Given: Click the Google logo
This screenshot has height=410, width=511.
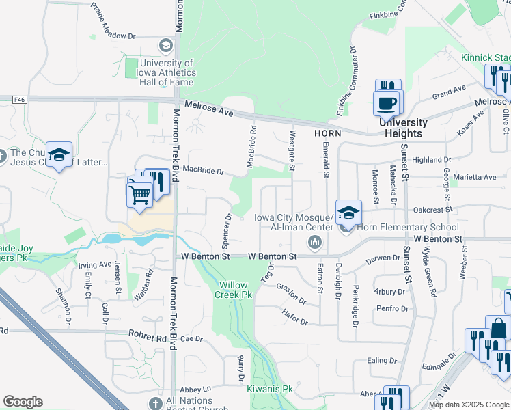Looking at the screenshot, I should tap(23, 402).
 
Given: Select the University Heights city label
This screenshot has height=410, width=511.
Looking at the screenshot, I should tap(403, 128).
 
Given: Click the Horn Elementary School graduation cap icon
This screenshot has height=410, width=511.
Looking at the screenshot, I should tap(348, 213).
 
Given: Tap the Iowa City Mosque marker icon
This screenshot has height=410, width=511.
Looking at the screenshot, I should tap(315, 241).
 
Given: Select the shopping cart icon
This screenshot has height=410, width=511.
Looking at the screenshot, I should tap(140, 194).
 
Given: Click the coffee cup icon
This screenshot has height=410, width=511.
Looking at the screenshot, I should tap(387, 104).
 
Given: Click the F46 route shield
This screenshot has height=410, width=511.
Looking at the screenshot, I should tap(18, 99).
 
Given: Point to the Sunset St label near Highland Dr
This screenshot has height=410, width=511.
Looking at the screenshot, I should tap(405, 165).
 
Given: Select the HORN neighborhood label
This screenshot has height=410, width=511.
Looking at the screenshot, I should tap(327, 133).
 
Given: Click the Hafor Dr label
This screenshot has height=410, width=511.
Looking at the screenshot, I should tap(295, 316).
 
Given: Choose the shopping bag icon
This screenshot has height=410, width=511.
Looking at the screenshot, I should tap(497, 329).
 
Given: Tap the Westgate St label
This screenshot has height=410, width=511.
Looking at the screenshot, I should tap(292, 150).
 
